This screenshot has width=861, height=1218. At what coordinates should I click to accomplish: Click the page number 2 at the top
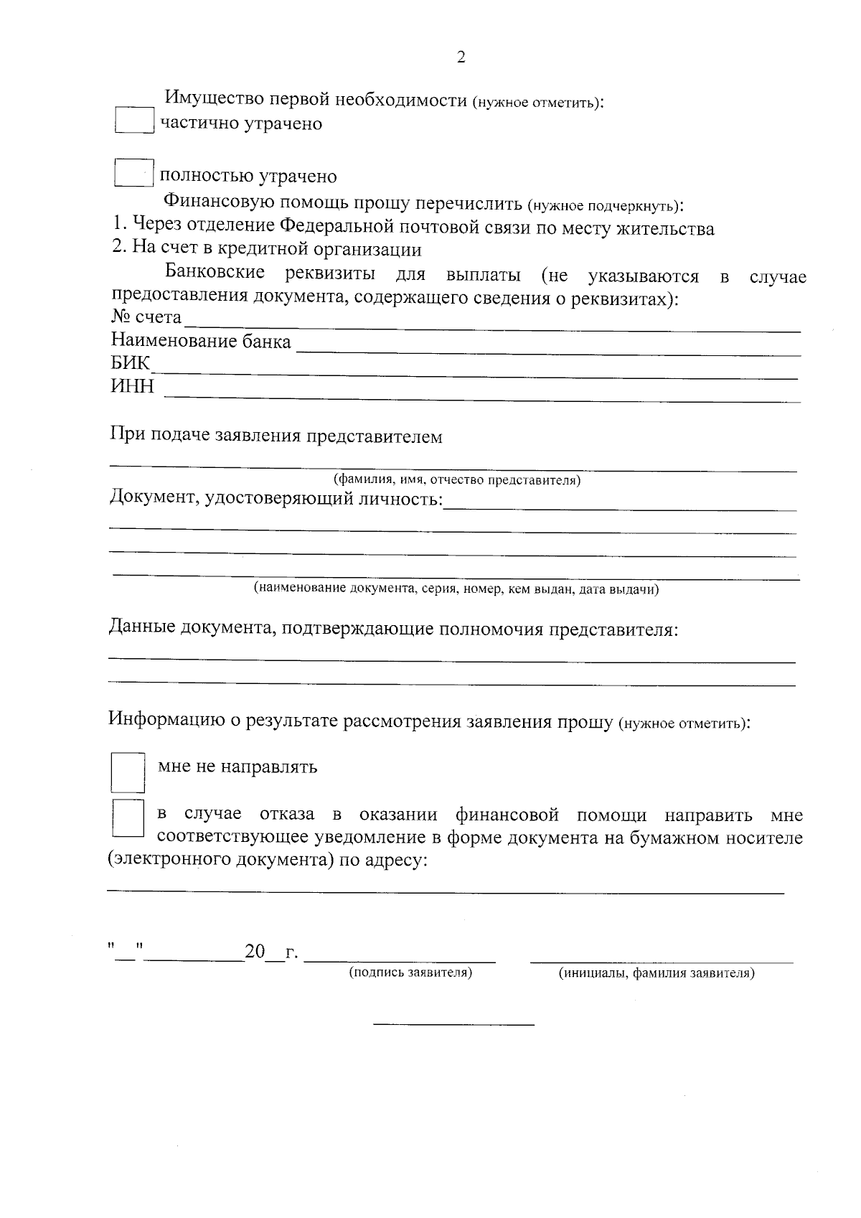pos(461,58)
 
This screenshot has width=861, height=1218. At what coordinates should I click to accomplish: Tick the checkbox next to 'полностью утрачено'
pos(134,173)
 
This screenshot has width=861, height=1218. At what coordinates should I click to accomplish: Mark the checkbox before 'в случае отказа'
pos(128,818)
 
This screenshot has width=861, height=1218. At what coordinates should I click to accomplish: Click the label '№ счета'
pos(146,317)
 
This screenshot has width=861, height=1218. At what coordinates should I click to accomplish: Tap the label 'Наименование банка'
pos(201,341)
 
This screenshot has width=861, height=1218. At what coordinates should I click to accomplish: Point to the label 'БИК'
pos(130,364)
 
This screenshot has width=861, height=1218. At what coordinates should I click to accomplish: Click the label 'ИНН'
pos(132,387)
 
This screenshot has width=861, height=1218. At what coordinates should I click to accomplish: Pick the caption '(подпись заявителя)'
pos(410,973)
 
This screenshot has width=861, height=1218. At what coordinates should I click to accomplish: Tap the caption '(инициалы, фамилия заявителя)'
pos(657,974)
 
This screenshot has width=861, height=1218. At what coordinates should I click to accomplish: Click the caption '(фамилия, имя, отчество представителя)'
pos(457,480)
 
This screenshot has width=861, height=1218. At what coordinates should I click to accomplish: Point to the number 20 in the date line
pos(255,952)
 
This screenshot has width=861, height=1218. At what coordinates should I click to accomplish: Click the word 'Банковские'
pos(215,273)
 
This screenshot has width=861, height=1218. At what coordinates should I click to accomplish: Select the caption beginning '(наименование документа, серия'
pos(456,589)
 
